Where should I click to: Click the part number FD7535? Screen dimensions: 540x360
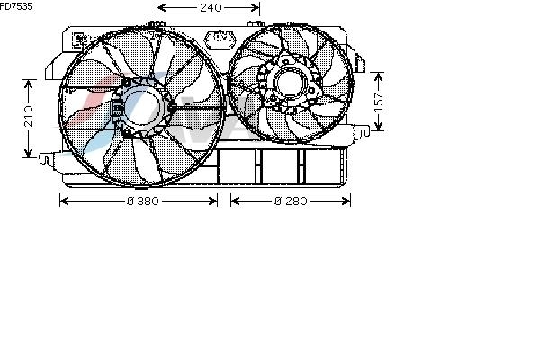pyautogui.click(x=16, y=6)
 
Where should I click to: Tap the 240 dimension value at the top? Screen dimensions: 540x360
pyautogui.click(x=211, y=7)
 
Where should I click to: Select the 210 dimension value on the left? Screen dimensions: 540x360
pyautogui.click(x=29, y=116)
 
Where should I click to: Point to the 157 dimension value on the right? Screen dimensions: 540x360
pyautogui.click(x=379, y=102)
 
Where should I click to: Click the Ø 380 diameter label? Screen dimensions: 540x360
pyautogui.click(x=142, y=201)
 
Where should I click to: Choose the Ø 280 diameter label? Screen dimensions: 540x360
pyautogui.click(x=291, y=201)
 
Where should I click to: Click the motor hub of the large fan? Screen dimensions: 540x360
pyautogui.click(x=142, y=107)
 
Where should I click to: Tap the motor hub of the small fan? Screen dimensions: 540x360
pyautogui.click(x=289, y=84)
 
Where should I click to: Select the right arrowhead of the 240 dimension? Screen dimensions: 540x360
pyautogui.click(x=256, y=7)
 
